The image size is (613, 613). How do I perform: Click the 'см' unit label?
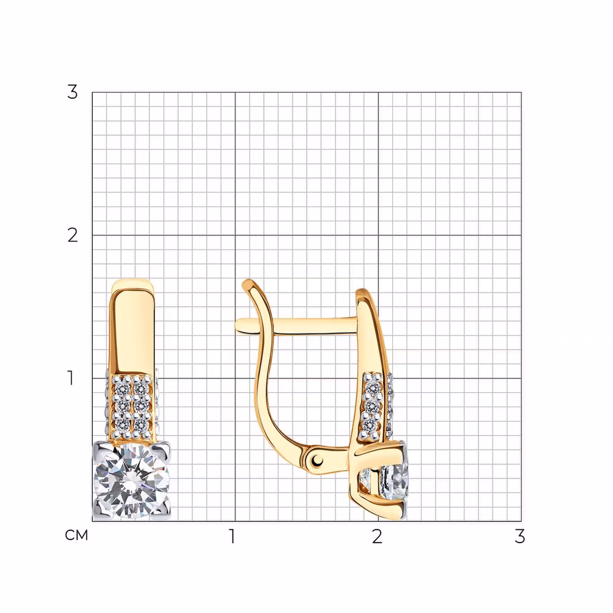pos(77,535)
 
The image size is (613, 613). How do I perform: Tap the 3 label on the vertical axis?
pos(72,92)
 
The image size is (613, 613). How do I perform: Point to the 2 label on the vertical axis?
pos(72,235)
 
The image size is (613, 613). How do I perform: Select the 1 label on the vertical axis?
pos(71,378)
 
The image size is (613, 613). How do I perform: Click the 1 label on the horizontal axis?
pos(232,536)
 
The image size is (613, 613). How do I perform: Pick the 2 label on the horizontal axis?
pos(377,536)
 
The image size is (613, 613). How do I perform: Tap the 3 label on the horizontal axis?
pos(520,536)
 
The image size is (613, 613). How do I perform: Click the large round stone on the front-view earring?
pos(131,481)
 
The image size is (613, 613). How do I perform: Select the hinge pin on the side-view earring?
pos(316,459)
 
